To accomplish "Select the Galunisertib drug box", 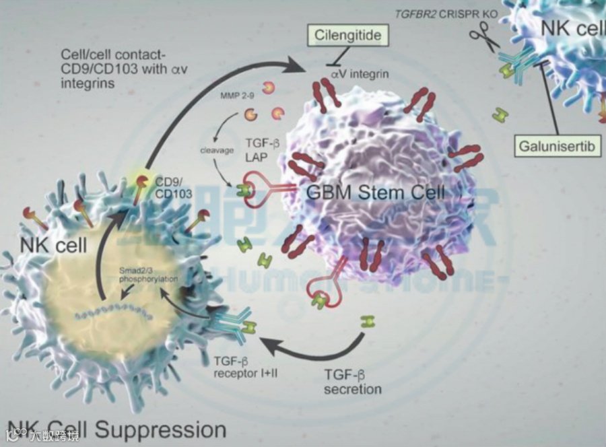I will [559, 145].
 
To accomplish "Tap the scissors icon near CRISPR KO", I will [485, 36].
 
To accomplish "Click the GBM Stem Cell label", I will [375, 192].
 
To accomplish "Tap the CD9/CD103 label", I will [174, 187].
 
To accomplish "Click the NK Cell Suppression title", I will [115, 429].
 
